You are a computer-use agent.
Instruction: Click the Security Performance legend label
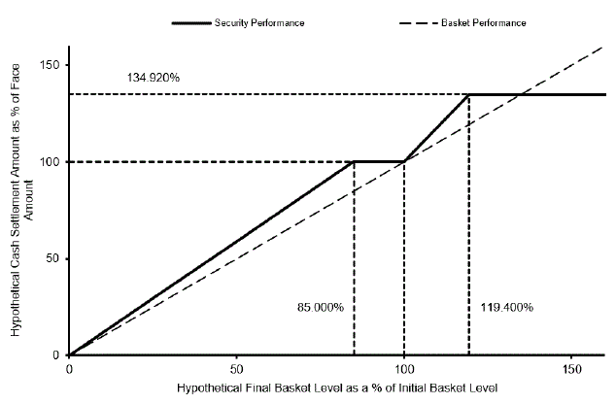point(259,23)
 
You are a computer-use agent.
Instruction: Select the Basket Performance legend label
point(483,23)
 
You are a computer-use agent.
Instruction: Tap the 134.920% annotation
point(154,78)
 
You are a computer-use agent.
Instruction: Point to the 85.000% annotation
point(321,307)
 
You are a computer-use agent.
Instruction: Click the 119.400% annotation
point(507,307)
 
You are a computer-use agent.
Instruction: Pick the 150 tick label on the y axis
point(50,65)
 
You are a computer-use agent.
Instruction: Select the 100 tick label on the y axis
point(50,162)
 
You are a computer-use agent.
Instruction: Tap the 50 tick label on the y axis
point(52,258)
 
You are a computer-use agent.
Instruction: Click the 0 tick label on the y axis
point(55,354)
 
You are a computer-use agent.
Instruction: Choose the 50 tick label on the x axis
point(236,369)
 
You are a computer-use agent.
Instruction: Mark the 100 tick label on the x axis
point(404,369)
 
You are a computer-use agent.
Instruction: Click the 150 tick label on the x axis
point(571,369)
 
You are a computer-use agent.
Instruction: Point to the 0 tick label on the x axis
point(69,369)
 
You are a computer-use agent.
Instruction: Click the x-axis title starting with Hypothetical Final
point(337,388)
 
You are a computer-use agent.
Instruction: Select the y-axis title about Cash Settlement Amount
point(21,200)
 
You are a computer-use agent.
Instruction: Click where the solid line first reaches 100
point(354,161)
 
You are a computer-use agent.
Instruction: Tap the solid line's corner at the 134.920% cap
point(469,94)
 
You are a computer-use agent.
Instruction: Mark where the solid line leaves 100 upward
point(404,161)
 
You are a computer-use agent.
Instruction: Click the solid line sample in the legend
point(191,23)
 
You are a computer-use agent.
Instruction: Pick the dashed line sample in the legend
point(419,23)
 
